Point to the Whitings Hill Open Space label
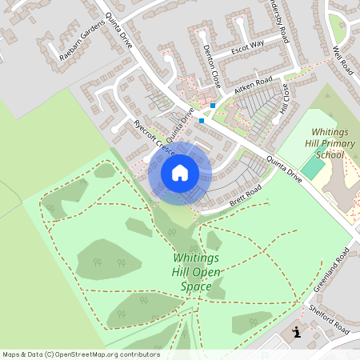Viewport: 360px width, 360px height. pyautogui.click(x=196, y=272)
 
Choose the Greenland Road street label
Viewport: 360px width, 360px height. pyautogui.click(x=332, y=273)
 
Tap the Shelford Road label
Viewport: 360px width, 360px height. pyautogui.click(x=330, y=319)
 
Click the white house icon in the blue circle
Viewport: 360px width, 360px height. pyautogui.click(x=180, y=172)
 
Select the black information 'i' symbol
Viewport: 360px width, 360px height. pyautogui.click(x=296, y=331)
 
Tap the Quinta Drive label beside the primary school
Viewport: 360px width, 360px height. pyautogui.click(x=284, y=168)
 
